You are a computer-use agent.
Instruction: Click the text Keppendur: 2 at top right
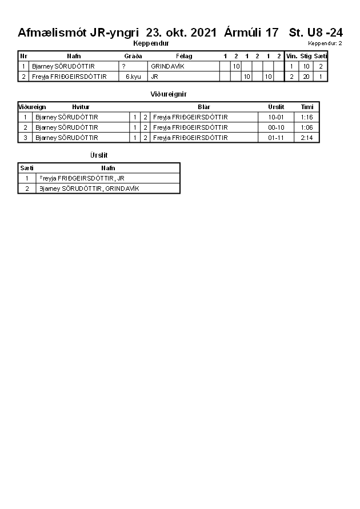[x=325, y=43]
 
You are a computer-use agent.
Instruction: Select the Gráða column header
[x=133, y=56]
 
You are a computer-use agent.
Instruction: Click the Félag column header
[x=184, y=56]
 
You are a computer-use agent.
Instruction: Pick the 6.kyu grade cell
[x=133, y=76]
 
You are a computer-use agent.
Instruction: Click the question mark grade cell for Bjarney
[x=123, y=66]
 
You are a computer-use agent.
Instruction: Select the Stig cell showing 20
[x=306, y=76]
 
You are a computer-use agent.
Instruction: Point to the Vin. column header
[x=291, y=56]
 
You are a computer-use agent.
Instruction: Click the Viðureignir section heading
[x=169, y=94]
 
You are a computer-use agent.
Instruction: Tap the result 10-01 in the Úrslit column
[x=276, y=117]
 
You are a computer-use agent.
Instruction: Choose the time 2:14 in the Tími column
[x=307, y=138]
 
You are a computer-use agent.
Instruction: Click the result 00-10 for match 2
[x=276, y=127]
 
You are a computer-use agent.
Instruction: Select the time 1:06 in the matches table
[x=307, y=127]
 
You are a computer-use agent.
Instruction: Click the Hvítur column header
[x=81, y=107]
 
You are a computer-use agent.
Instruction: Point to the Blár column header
[x=204, y=107]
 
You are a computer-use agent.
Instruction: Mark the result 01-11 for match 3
[x=276, y=138]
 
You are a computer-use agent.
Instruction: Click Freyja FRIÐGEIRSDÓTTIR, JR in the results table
[x=82, y=178]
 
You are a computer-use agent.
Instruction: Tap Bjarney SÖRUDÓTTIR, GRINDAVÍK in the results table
[x=89, y=189]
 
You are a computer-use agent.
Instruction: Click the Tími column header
[x=307, y=107]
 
